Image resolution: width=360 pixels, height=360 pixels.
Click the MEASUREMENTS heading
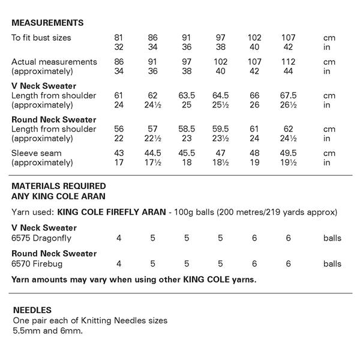[47, 23]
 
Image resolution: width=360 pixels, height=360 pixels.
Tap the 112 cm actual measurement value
[288, 62]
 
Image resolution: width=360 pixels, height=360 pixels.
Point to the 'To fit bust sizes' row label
[41, 38]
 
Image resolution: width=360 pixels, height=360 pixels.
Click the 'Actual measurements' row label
[54, 62]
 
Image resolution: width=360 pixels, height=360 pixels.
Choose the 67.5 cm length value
[288, 95]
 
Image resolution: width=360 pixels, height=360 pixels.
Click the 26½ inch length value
[288, 105]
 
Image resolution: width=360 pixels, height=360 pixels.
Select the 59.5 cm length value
[220, 129]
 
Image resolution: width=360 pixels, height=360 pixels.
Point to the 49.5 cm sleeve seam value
[288, 153]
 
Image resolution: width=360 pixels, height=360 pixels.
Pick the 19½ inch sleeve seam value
[288, 163]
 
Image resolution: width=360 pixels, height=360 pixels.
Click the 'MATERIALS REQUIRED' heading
[59, 186]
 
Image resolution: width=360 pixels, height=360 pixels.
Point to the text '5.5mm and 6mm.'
[47, 331]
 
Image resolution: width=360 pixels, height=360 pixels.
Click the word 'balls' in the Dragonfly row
[332, 238]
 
